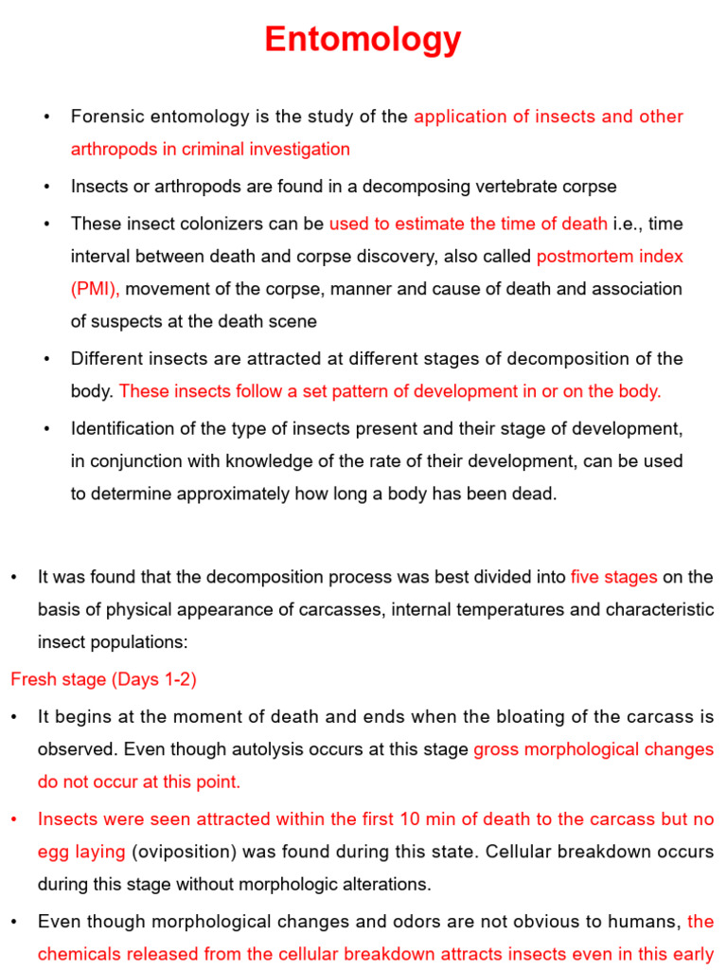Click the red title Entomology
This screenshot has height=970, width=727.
(x=363, y=40)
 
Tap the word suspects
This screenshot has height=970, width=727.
(x=131, y=321)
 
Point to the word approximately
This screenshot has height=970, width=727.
(x=227, y=494)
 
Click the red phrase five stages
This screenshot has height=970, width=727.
(x=613, y=577)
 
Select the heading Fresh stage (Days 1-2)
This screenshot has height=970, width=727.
(x=103, y=679)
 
